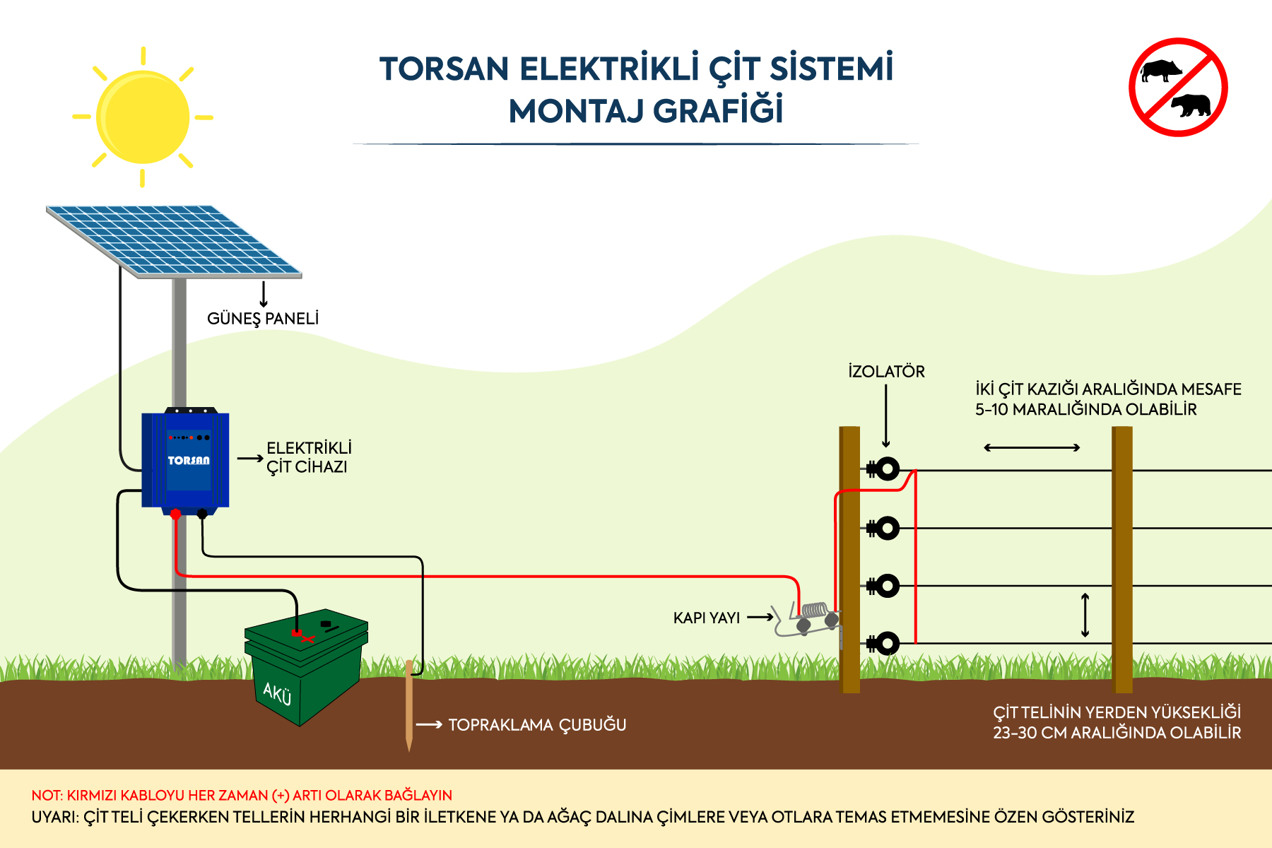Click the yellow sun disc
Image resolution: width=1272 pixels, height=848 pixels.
pos(143,117)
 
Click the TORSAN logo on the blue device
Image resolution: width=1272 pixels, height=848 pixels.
pos(189,461)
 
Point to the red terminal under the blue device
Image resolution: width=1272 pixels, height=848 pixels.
pos(176,514)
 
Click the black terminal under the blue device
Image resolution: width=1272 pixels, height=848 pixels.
pos(202,514)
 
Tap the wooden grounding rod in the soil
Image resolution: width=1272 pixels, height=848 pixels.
pos(409,705)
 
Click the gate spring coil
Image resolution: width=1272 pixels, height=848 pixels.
pos(815,609)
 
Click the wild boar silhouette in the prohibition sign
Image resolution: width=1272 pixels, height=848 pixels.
pos(1161,71)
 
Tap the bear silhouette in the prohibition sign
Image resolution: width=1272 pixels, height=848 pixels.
pos(1191,105)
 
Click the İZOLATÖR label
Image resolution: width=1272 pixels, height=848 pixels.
pos(886,371)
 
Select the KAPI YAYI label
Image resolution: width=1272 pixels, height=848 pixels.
pos(707,618)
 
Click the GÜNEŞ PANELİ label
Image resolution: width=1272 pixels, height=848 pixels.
pos(263,319)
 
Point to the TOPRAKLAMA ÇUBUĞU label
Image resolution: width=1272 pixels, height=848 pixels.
pos(537,725)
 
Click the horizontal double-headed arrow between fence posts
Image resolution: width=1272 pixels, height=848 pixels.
pos(1032,447)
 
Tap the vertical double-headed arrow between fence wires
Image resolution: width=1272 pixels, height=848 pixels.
pos(1085,615)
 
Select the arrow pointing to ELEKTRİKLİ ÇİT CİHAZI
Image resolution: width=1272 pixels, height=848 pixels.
pos(250,459)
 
